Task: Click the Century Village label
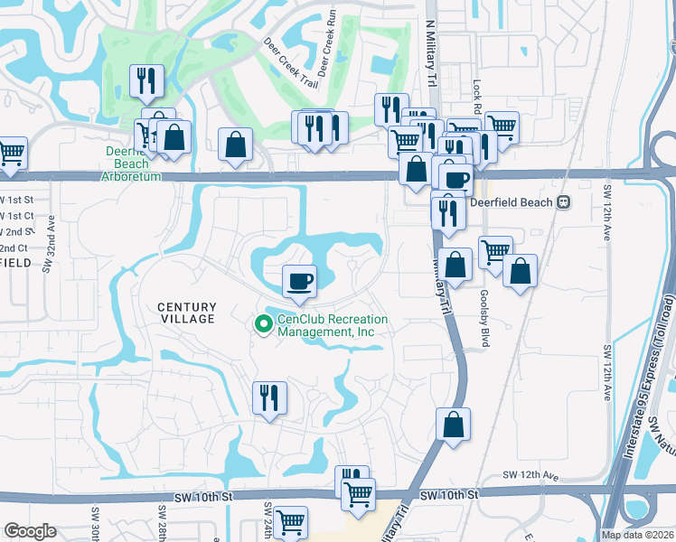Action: click(x=187, y=313)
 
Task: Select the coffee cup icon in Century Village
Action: click(x=299, y=280)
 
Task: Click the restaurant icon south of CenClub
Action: click(x=269, y=397)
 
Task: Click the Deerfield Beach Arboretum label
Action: click(x=133, y=164)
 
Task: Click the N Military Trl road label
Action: click(x=431, y=55)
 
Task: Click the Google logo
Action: click(x=30, y=530)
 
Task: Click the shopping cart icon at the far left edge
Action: click(x=11, y=152)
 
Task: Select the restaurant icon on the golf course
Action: click(x=144, y=80)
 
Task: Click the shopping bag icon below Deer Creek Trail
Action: click(x=235, y=144)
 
